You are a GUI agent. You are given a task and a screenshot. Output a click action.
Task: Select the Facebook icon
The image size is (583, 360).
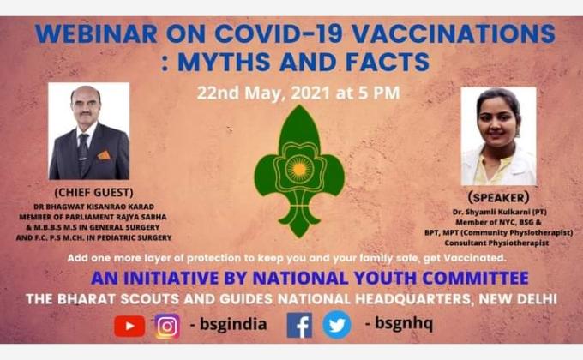click(299, 326)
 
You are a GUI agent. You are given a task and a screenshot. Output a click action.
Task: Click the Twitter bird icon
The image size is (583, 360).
click(337, 326)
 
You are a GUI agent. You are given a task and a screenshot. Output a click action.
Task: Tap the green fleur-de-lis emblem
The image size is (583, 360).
click(299, 171)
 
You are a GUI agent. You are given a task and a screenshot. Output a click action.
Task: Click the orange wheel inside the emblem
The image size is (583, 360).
click(299, 164)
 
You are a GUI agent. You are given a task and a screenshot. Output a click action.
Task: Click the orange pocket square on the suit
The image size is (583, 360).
click(104, 155)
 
